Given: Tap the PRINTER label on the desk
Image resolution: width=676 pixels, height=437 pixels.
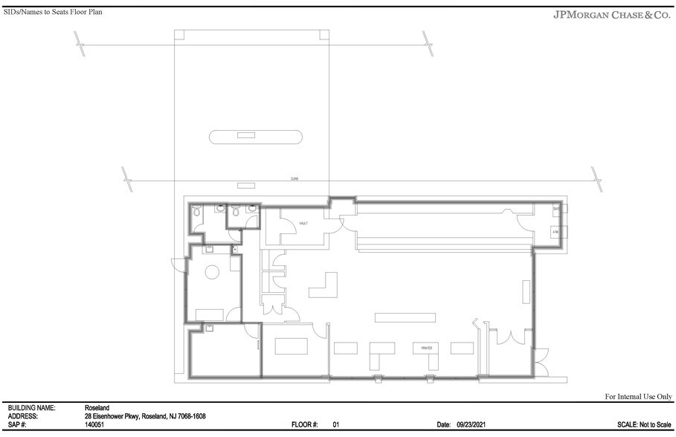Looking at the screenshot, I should click(x=426, y=347).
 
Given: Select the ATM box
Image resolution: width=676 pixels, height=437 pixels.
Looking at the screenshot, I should click(x=556, y=233).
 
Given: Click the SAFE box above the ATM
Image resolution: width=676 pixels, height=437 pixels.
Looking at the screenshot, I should click(x=556, y=210).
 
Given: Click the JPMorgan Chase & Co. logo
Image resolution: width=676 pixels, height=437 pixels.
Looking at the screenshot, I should click(x=612, y=14).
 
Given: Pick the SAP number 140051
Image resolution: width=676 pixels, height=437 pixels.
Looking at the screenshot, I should click(x=94, y=424).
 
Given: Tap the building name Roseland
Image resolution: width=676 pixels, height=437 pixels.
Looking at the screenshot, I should click(x=98, y=408).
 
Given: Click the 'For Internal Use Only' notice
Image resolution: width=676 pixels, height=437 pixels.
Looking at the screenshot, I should click(x=638, y=398).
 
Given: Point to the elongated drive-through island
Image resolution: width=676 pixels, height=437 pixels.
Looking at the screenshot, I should click(x=256, y=136).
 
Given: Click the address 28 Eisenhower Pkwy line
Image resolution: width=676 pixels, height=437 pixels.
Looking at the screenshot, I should click(x=145, y=416).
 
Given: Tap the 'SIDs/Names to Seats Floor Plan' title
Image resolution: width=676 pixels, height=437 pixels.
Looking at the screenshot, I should click(x=53, y=13).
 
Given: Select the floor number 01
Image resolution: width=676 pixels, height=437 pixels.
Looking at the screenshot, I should click(x=335, y=424).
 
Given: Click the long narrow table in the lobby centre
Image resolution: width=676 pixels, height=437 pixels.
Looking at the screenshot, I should click(x=404, y=317).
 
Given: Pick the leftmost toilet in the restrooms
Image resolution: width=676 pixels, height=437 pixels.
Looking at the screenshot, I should click(x=196, y=213).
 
